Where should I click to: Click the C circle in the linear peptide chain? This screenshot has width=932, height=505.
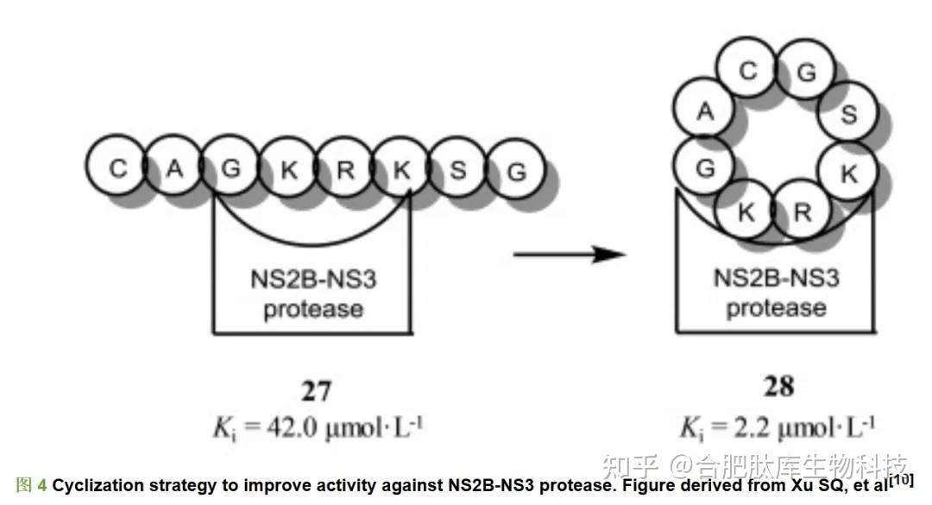tap(117, 168)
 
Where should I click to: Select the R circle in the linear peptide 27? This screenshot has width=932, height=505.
tap(345, 169)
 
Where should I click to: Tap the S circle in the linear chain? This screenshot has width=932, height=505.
tap(458, 169)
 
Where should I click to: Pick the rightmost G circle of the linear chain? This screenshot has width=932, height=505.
tap(516, 171)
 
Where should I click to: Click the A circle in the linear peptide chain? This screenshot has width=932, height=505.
tap(174, 168)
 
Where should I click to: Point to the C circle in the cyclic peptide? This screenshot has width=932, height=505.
tap(748, 71)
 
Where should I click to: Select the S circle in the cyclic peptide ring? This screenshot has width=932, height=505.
tap(849, 114)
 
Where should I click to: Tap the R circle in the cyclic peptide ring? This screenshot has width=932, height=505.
tap(803, 211)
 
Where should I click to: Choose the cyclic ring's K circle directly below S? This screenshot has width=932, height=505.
tap(849, 174)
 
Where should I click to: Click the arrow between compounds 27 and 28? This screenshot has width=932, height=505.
tap(570, 255)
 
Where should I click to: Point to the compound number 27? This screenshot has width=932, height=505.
tap(316, 391)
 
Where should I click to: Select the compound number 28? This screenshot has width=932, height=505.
tap(779, 386)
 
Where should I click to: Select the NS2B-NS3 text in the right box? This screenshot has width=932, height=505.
tap(776, 278)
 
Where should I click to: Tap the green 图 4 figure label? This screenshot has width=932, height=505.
tap(32, 485)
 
